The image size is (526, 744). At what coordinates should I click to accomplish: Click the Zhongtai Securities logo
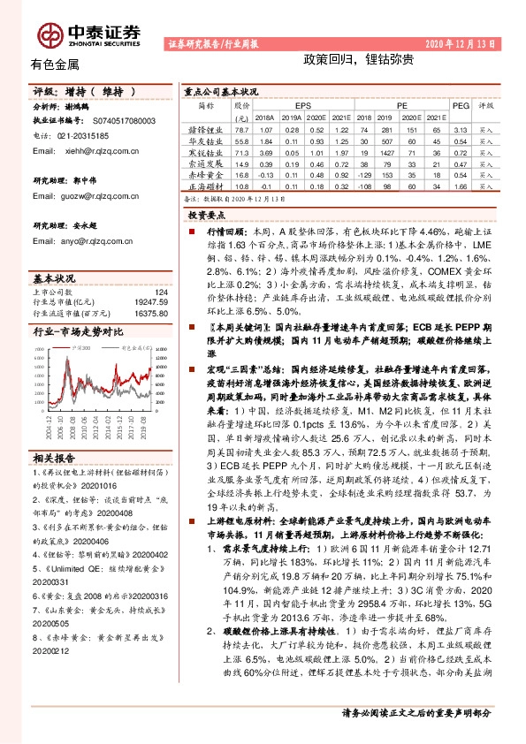88,33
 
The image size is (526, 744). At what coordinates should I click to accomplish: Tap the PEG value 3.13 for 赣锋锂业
460,128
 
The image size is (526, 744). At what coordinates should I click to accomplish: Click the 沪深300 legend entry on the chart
74,351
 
